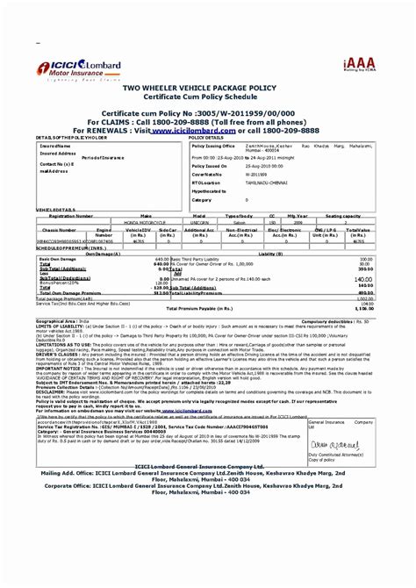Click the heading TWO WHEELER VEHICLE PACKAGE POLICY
coord(207,90)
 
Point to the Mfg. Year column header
coord(298,215)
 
